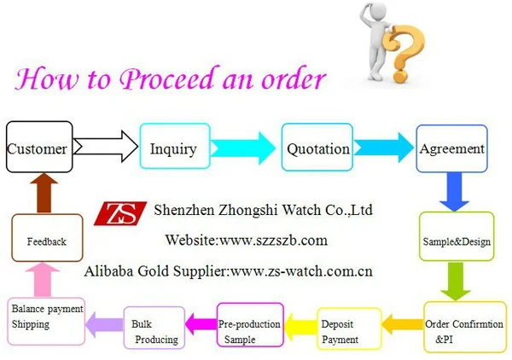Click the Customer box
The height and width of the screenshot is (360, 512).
click(x=37, y=148)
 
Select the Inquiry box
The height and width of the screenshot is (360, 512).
click(x=172, y=148)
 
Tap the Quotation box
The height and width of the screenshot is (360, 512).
click(x=317, y=148)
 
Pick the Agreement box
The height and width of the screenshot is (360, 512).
click(x=451, y=148)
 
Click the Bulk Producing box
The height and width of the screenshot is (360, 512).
click(x=154, y=330)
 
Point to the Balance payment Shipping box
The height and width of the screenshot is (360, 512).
click(x=46, y=321)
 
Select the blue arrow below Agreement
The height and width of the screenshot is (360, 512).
click(x=452, y=192)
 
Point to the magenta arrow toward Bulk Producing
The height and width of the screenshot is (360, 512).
click(x=201, y=323)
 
